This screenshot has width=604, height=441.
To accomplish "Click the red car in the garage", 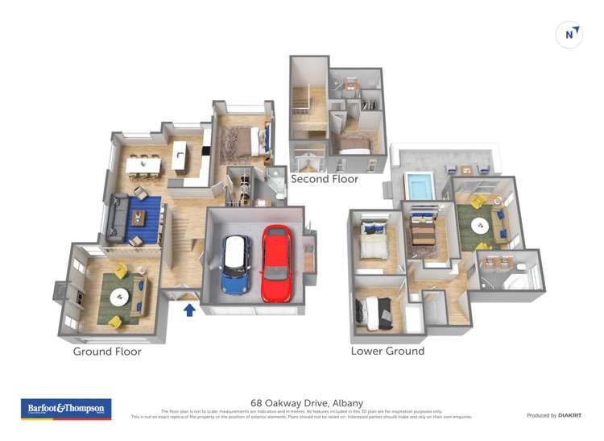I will point(276,262).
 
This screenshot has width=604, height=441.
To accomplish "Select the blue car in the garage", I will point(237,264).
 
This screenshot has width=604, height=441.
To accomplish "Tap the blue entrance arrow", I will point(190,310).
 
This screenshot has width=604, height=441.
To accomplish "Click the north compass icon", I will point(569,35).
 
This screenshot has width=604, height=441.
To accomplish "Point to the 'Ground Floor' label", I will point(107,352).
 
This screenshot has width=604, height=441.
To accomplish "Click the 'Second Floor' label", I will point(325,179).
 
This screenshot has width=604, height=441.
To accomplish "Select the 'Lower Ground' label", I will point(387,352).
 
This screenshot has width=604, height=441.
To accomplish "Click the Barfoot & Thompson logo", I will point(65,409).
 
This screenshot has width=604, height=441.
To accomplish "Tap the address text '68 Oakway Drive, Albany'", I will point(307,403).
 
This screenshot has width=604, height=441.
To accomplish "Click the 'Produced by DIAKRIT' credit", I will point(554,415).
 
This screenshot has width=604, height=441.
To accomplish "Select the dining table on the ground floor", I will point(143,164).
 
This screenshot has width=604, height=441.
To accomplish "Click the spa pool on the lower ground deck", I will point(419,186).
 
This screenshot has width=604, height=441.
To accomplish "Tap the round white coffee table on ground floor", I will point(119,297).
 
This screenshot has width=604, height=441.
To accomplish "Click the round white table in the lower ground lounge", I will point(481,224).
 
